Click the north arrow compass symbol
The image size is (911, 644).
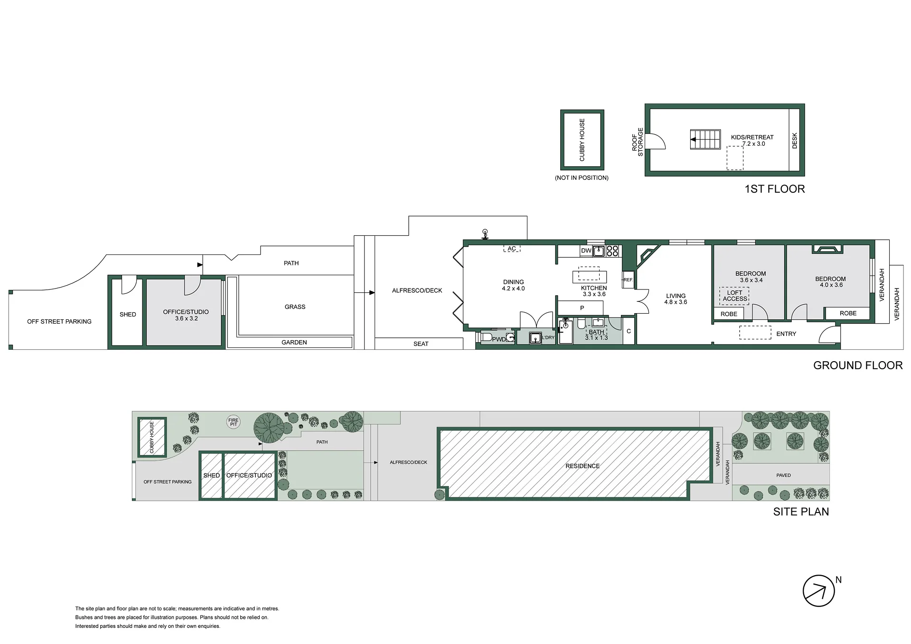pos(818,591)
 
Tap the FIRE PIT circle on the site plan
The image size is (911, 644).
pos(234,422)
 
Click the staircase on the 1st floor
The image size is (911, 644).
pos(705,140)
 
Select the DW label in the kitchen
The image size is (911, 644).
pos(586,251)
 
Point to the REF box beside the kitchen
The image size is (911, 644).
pos(628,280)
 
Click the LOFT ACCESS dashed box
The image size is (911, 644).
pos(734,296)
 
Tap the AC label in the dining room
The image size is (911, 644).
pos(512,249)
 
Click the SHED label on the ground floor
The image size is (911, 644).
pos(128,314)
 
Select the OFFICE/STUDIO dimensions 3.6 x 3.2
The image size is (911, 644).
pos(186,318)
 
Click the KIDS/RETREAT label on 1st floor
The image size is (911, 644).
pos(752,137)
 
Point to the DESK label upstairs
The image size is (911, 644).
pos(795,140)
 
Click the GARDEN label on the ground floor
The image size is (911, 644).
pos(294,342)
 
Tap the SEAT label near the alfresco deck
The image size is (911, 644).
pos(421,344)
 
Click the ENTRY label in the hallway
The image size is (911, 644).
pos(786,334)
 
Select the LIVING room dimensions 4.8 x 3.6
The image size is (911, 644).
pos(676,302)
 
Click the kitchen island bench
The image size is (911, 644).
pos(590,276)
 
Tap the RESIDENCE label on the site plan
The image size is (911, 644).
pos(582,466)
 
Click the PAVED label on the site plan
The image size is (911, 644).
pos(784,475)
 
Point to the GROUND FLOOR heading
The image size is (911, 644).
pos(858,365)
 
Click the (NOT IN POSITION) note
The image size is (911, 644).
pos(582,177)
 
